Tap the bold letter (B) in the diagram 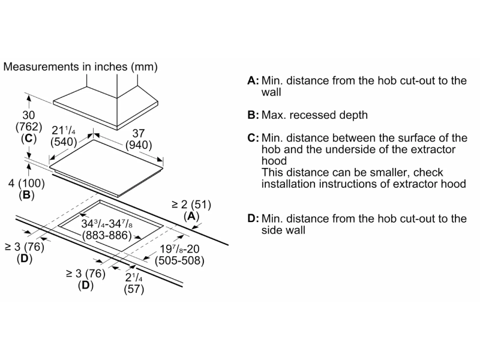(26, 195)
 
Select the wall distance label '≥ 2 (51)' (191, 203)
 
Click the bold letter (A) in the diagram (191, 215)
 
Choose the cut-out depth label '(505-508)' (179, 260)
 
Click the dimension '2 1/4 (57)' (133, 284)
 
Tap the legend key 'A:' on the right (253, 81)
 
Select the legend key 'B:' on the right (253, 115)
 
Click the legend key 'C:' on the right (253, 138)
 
